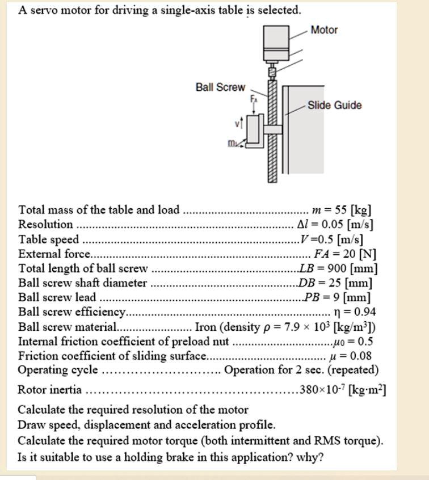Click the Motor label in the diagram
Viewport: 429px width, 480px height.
tap(324, 30)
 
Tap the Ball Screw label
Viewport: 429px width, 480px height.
tap(220, 87)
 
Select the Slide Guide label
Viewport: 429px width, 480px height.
tap(334, 106)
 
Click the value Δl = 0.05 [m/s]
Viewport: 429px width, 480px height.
tap(335, 225)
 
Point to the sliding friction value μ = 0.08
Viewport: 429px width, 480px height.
tap(351, 356)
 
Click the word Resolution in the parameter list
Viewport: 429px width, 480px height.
tap(45, 225)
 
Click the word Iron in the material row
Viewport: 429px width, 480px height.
tap(205, 327)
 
